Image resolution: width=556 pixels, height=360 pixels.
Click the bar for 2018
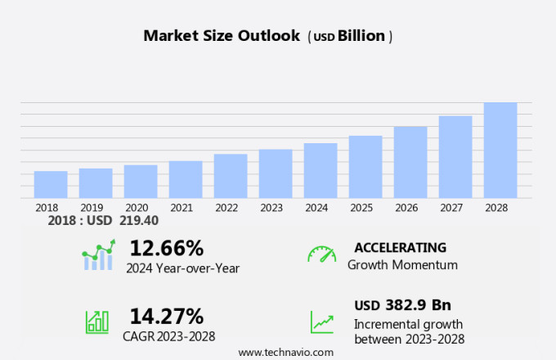(x=51, y=184)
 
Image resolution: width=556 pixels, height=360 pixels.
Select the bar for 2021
(x=186, y=179)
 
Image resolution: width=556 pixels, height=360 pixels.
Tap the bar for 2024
(x=321, y=170)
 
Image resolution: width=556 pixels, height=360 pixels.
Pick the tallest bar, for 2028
(x=500, y=150)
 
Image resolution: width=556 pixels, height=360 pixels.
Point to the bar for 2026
(x=410, y=162)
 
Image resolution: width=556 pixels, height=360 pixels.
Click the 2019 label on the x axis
(x=92, y=208)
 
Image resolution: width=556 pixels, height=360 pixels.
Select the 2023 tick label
(x=271, y=208)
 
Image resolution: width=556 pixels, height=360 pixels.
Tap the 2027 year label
(x=451, y=208)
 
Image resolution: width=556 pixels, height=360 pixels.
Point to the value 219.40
(x=138, y=221)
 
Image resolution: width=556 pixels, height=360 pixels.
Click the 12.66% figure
(x=166, y=248)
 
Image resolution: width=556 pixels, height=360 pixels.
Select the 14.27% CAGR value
(x=166, y=316)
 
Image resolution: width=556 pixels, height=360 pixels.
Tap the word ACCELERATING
(x=400, y=248)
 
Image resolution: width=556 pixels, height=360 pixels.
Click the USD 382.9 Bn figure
(x=402, y=305)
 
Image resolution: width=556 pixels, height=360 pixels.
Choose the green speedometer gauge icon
(x=321, y=254)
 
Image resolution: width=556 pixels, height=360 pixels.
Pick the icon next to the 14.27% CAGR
(x=97, y=321)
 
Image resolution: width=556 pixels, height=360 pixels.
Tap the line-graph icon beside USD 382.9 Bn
(x=321, y=322)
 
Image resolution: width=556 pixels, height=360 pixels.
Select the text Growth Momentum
(x=402, y=265)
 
